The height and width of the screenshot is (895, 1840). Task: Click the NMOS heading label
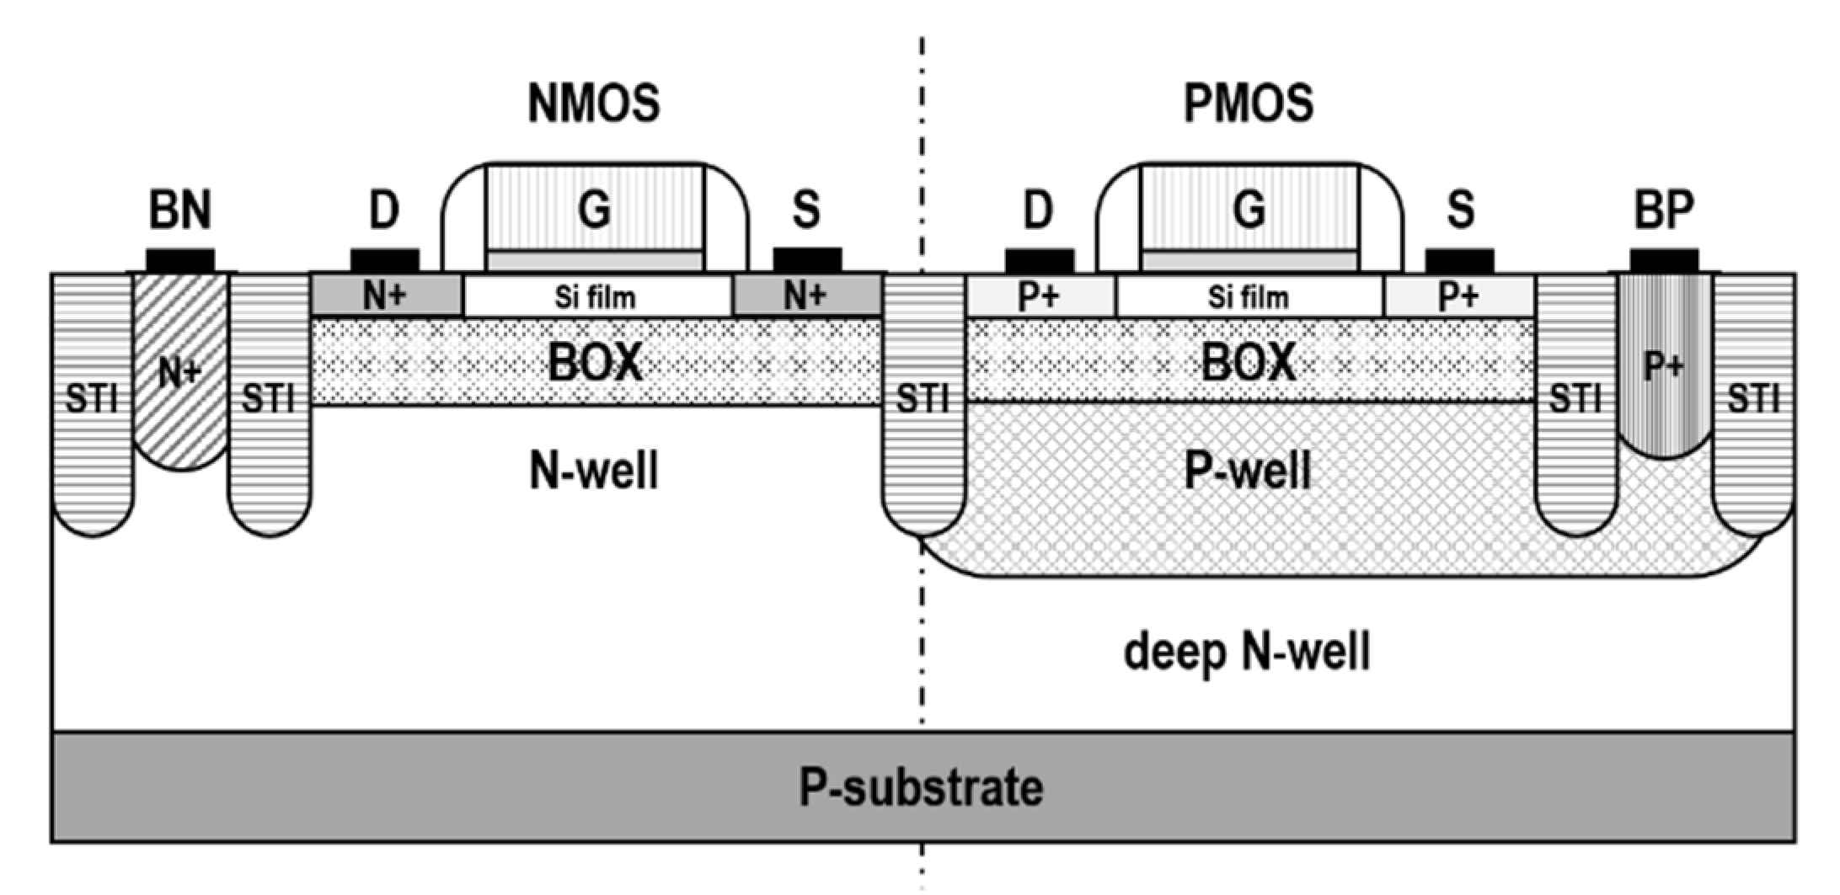(x=593, y=104)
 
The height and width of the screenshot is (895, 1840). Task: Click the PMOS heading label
(x=1248, y=104)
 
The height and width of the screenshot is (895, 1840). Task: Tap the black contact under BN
(x=180, y=260)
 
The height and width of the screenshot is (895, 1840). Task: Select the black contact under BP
(x=1664, y=260)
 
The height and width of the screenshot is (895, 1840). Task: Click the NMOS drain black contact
(x=384, y=260)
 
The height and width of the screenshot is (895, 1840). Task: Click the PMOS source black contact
(x=1459, y=260)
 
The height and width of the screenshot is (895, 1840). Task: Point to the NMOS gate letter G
(x=594, y=210)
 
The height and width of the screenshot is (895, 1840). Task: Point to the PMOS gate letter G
(x=1249, y=210)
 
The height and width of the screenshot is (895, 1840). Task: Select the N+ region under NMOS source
(x=806, y=296)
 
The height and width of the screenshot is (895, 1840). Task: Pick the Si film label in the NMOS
(x=595, y=297)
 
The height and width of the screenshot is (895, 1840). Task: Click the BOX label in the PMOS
(x=1248, y=362)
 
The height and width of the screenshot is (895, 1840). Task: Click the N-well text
(x=594, y=470)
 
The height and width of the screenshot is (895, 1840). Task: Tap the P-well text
(x=1248, y=470)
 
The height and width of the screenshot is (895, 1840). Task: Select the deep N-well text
(x=1247, y=651)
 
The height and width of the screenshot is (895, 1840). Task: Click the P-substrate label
(x=920, y=787)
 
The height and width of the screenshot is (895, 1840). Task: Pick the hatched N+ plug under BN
(x=180, y=370)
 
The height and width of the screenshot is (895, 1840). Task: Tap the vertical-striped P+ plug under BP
(x=1664, y=366)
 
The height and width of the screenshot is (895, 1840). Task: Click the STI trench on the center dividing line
(x=923, y=404)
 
